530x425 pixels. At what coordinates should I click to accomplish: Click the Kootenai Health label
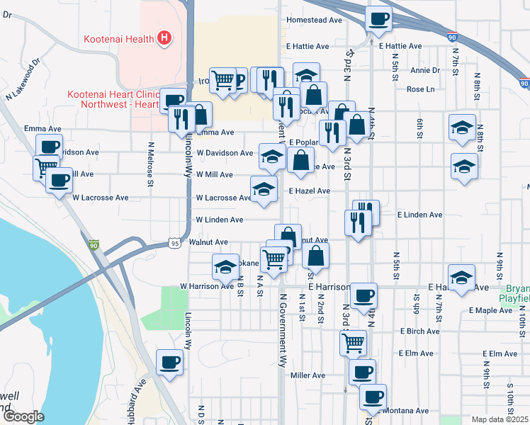(119, 37)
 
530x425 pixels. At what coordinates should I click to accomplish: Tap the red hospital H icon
(164, 37)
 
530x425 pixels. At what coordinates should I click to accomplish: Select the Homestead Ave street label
(315, 20)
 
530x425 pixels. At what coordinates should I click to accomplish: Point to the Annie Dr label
(425, 70)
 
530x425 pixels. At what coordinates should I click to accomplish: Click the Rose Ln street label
(420, 89)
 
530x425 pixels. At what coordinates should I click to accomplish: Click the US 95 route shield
(174, 244)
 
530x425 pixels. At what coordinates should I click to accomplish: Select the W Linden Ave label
(220, 220)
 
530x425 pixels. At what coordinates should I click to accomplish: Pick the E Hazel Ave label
(309, 191)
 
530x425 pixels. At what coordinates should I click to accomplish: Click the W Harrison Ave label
(206, 286)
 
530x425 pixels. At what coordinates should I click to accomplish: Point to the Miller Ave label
(308, 375)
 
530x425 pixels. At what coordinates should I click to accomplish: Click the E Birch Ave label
(421, 331)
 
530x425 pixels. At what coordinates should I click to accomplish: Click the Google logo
(23, 416)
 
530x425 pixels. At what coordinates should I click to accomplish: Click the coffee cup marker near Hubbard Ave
(169, 363)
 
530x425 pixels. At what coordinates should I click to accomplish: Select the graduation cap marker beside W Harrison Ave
(225, 267)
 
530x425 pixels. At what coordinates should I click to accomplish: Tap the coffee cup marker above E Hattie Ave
(379, 18)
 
